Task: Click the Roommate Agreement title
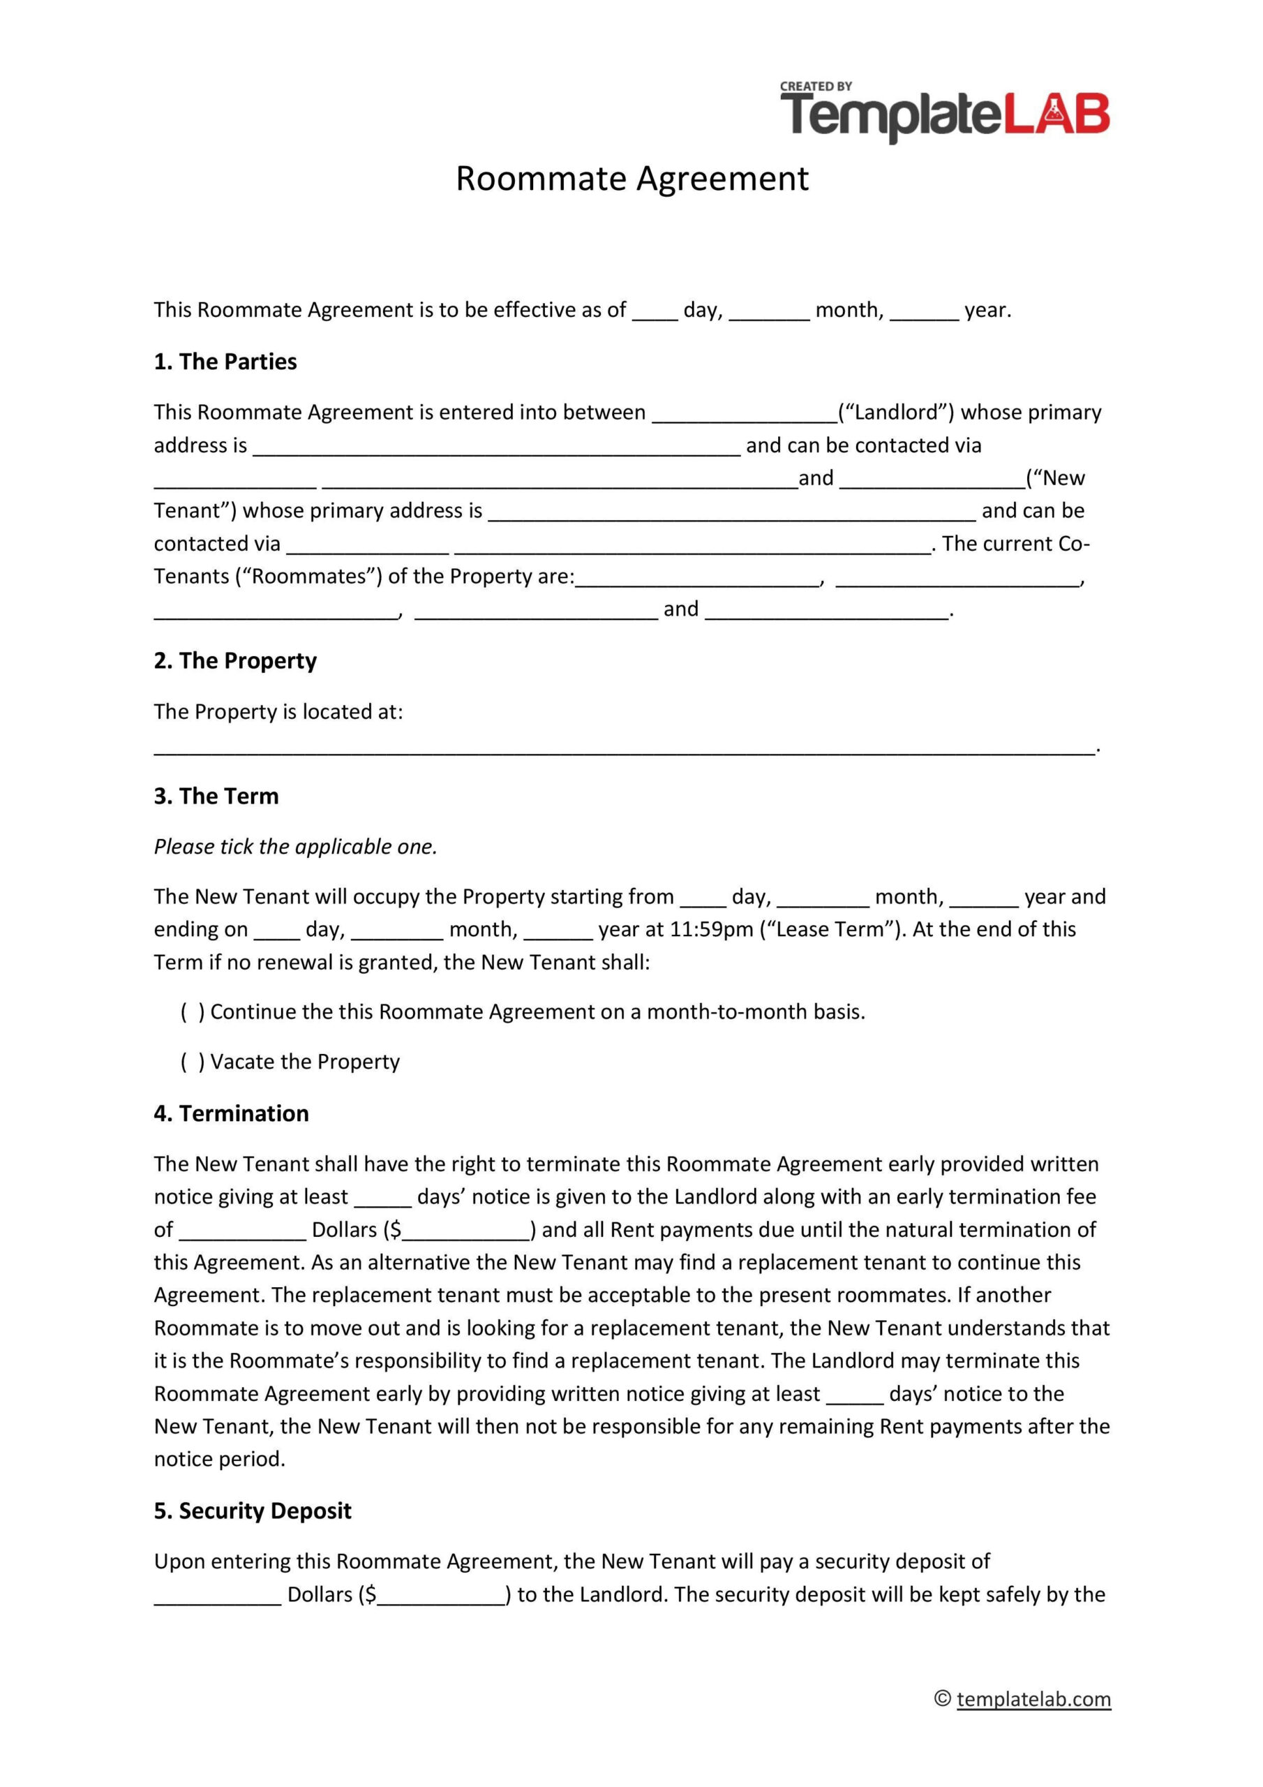pyautogui.click(x=632, y=178)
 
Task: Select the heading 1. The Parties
pyautogui.click(x=225, y=362)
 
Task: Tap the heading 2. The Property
pyautogui.click(x=235, y=661)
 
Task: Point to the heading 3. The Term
pyautogui.click(x=216, y=796)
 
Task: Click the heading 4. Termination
pyautogui.click(x=231, y=1114)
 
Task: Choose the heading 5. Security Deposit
pyautogui.click(x=252, y=1511)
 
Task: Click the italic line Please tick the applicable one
pyautogui.click(x=296, y=847)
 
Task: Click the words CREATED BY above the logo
pyautogui.click(x=816, y=87)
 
